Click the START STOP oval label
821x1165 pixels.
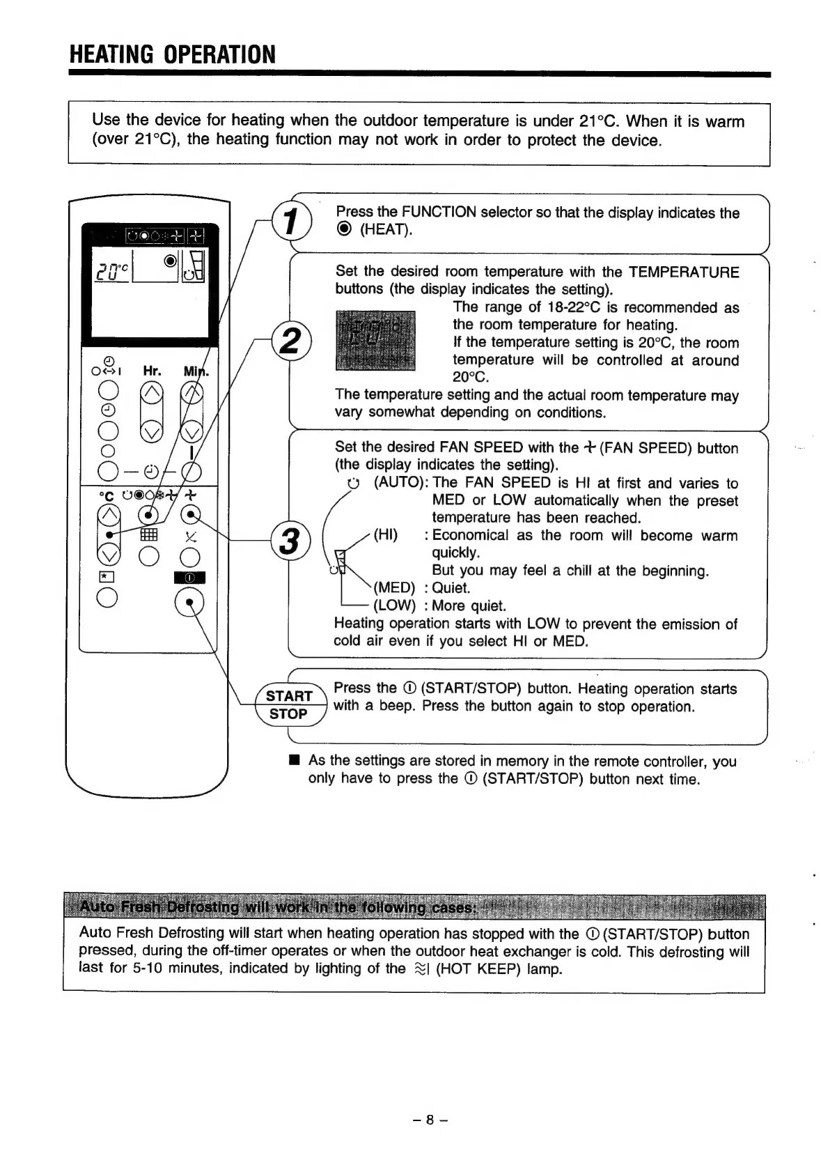click(x=288, y=704)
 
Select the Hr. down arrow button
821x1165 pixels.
click(x=152, y=433)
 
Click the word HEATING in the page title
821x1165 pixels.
click(x=111, y=54)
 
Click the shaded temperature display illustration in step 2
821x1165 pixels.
click(x=375, y=340)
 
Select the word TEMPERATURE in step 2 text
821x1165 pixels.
click(x=683, y=272)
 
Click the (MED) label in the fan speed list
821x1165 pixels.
click(x=394, y=588)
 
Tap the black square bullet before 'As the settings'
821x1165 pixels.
click(x=295, y=759)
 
